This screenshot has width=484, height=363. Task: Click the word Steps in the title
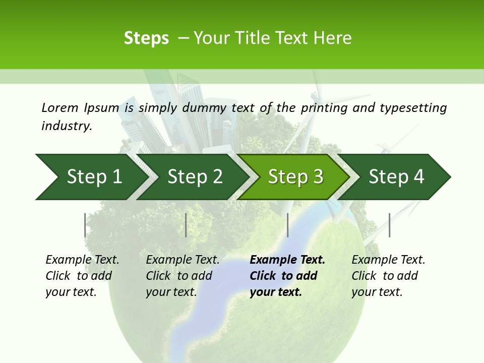pos(146,38)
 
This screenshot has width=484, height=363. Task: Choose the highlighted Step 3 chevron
pos(295,177)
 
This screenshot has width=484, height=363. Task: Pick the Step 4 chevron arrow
pos(396,177)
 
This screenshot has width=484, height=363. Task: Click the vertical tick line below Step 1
pos(85,225)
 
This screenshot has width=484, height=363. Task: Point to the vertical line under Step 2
pos(186,225)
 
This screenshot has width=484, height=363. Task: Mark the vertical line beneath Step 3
pos(287,225)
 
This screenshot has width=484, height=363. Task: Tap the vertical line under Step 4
pos(389,225)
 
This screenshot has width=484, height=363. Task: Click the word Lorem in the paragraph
pos(59,108)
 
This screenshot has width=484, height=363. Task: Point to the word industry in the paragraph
pos(67,126)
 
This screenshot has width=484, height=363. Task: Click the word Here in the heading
pos(332,38)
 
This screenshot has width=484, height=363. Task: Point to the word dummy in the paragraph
pos(204,108)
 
